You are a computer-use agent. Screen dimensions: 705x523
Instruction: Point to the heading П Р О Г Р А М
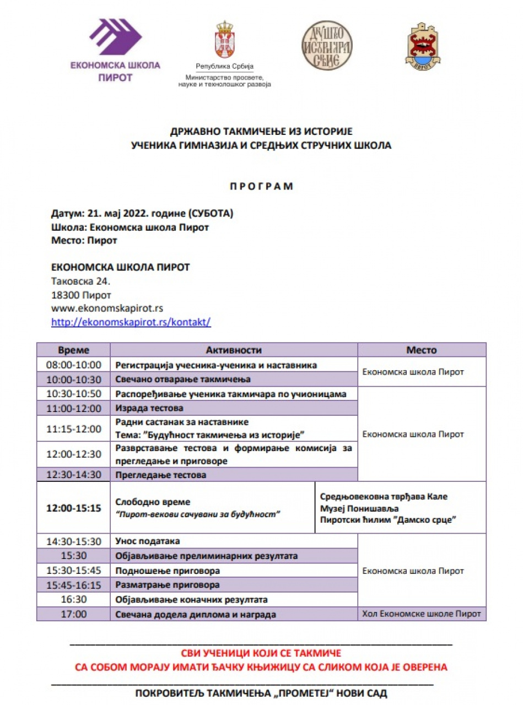click(261, 186)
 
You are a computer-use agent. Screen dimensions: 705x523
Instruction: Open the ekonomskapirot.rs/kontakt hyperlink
click(131, 322)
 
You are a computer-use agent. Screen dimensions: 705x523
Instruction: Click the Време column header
click(74, 350)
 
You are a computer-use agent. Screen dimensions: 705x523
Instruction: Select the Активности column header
click(234, 350)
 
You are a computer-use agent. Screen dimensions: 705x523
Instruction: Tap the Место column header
click(422, 350)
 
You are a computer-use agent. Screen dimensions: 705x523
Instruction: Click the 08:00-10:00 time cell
click(74, 365)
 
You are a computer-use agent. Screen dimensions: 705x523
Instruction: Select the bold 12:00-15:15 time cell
click(74, 508)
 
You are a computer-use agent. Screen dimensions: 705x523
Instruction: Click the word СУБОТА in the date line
click(210, 214)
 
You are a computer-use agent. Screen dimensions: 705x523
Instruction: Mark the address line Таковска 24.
click(81, 281)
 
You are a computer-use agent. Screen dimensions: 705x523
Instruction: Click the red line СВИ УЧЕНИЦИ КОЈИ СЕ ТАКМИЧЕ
click(261, 654)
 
